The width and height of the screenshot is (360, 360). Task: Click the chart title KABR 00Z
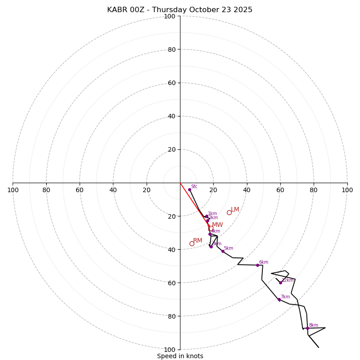tap(180, 10)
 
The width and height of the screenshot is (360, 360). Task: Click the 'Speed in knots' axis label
tap(180, 356)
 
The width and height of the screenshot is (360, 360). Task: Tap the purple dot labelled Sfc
tap(189, 190)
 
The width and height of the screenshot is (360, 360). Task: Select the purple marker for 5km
tap(223, 252)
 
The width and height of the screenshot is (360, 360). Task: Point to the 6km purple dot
tap(258, 265)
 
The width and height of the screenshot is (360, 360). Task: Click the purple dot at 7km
tap(279, 300)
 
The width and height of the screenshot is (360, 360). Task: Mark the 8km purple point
tap(307, 328)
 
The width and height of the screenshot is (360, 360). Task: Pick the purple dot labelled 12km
tap(280, 283)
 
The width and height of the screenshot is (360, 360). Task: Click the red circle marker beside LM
tap(229, 212)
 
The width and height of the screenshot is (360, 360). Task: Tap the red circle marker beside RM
tap(192, 244)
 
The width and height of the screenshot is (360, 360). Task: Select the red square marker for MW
tap(211, 228)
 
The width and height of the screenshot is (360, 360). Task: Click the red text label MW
tap(217, 225)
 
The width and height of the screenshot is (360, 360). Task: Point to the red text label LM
tap(235, 210)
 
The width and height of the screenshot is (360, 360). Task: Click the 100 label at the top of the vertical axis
tap(170, 16)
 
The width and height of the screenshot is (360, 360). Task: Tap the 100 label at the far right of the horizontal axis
tap(347, 190)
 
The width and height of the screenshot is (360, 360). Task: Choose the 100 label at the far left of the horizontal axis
tap(13, 190)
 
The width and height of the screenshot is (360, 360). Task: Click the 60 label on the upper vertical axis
tap(171, 83)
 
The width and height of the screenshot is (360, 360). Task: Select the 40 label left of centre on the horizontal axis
tap(113, 190)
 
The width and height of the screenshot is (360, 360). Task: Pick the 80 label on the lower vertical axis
tap(171, 316)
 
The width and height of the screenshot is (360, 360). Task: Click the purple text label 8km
tap(314, 325)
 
